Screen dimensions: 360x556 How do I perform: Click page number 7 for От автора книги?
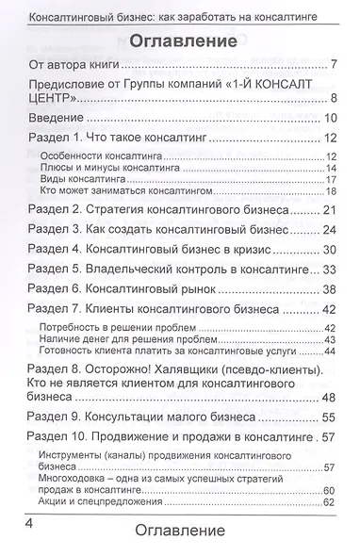(x=335, y=65)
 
